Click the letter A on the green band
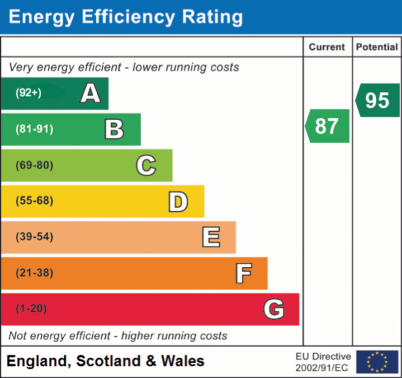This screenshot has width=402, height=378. click(x=91, y=94)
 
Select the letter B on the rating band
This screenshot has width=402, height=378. click(x=114, y=129)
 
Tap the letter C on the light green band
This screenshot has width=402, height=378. click(x=146, y=166)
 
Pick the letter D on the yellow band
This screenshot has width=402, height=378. click(x=178, y=202)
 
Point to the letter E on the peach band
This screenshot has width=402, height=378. click(x=210, y=237)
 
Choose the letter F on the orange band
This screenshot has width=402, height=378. click(x=243, y=273)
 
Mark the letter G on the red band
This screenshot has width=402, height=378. click(x=274, y=309)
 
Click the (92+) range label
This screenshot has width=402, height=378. click(x=29, y=94)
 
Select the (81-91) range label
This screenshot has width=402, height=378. click(x=35, y=129)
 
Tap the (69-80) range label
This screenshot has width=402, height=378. click(x=35, y=166)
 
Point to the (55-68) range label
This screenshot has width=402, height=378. click(x=35, y=201)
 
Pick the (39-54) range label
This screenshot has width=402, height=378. click(x=35, y=237)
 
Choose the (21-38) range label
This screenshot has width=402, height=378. click(x=35, y=273)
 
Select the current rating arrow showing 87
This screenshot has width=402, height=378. click(x=328, y=126)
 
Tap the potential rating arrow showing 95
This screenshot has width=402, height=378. click(x=378, y=100)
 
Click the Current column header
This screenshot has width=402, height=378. click(x=327, y=48)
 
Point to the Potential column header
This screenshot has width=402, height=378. click(x=377, y=48)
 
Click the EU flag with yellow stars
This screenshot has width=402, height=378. click(x=377, y=362)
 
